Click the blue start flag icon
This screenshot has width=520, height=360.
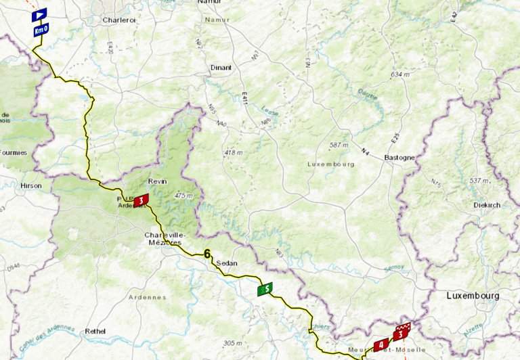[x=39, y=14]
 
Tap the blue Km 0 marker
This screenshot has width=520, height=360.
[x=41, y=30]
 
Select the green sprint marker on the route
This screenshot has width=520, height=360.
[x=265, y=289]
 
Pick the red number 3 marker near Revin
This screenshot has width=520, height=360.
[x=141, y=200]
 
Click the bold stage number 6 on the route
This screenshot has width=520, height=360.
[x=207, y=254]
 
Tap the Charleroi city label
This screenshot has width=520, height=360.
[x=120, y=20]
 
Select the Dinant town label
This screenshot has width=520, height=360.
[x=221, y=68]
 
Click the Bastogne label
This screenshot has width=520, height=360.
[x=399, y=158]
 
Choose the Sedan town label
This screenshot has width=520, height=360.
[x=227, y=264]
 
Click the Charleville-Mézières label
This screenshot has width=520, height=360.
[x=163, y=239]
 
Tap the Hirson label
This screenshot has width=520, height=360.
[x=30, y=185]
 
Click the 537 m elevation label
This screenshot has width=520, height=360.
[x=479, y=181]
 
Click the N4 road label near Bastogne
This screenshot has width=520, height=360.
[x=365, y=150]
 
